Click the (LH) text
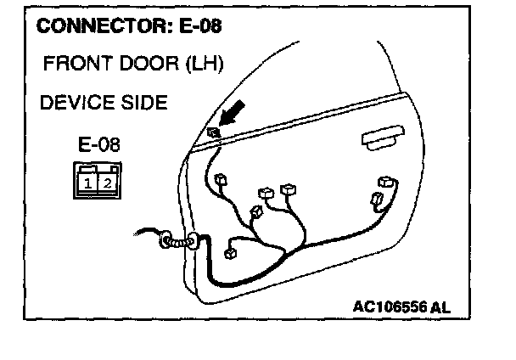pos(204,64)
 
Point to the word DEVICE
pos(75,103)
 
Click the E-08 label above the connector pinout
pos(99,144)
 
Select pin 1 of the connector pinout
pos(88,182)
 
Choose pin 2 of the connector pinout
pos(107,182)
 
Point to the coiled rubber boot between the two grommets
pos(180,242)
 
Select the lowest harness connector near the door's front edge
pos(230,252)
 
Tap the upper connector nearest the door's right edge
pos(389,183)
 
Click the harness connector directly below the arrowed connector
pos(221,181)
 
